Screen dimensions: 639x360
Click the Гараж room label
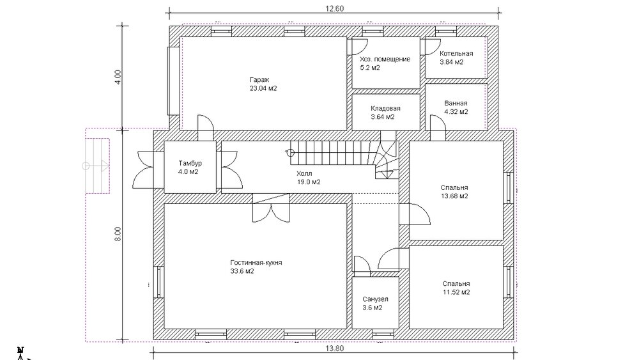pyautogui.click(x=259, y=80)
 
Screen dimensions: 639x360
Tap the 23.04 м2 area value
pyautogui.click(x=263, y=88)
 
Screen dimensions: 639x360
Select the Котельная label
pyautogui.click(x=456, y=54)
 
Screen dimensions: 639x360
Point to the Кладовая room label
pyautogui.click(x=385, y=109)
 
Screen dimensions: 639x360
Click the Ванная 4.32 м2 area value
pyautogui.click(x=456, y=112)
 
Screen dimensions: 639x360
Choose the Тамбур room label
pyautogui.click(x=190, y=163)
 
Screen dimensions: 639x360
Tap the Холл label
pyautogui.click(x=304, y=174)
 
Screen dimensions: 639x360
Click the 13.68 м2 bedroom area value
pyautogui.click(x=454, y=196)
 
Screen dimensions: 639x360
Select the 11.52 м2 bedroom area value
pyautogui.click(x=456, y=292)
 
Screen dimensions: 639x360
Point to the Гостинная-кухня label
pyautogui.click(x=256, y=263)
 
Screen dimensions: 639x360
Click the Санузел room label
pyautogui.click(x=375, y=299)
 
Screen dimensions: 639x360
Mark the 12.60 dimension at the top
pyautogui.click(x=334, y=8)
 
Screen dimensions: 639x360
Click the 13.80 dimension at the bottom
pyautogui.click(x=335, y=348)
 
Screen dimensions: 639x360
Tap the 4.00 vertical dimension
pyautogui.click(x=118, y=77)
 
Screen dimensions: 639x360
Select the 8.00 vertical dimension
pyautogui.click(x=118, y=235)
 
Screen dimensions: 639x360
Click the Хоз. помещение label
pyautogui.click(x=385, y=59)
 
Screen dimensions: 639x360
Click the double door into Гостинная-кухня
pyautogui.click(x=271, y=208)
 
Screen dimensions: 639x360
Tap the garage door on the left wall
pyautogui.click(x=173, y=81)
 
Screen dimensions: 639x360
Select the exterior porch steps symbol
pyautogui.click(x=97, y=166)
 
